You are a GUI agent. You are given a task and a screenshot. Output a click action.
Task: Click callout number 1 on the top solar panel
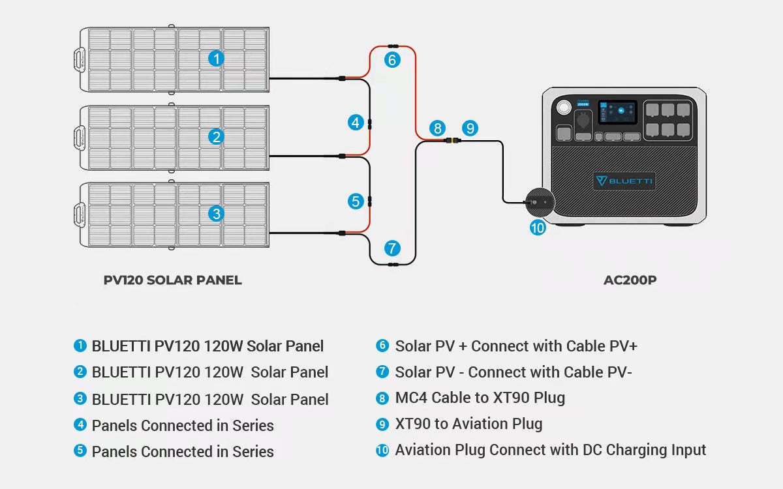point(217,59)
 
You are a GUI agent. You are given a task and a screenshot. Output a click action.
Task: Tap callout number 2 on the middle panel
point(217,136)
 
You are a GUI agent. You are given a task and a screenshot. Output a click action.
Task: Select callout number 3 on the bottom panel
point(217,213)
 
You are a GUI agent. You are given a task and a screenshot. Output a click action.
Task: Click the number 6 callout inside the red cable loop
point(391,60)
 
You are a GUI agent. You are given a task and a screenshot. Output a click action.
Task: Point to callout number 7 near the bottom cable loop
point(391,248)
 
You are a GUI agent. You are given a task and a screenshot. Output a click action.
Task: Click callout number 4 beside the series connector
point(355,122)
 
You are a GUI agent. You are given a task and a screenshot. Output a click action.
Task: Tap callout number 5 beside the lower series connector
point(355,201)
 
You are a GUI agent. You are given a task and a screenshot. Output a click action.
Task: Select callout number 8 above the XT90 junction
point(437,128)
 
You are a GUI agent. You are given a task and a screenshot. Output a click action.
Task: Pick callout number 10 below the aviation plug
point(537,228)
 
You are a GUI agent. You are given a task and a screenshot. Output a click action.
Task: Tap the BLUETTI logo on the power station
point(624,181)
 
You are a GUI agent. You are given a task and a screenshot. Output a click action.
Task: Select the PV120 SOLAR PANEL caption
point(173,280)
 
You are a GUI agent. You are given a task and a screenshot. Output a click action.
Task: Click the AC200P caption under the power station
point(630,280)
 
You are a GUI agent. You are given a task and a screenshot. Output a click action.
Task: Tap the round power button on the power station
point(562,107)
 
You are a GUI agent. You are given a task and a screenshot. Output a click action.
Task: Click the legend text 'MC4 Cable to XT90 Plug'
point(480,398)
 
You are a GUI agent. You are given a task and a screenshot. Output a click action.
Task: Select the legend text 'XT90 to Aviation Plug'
point(468,424)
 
